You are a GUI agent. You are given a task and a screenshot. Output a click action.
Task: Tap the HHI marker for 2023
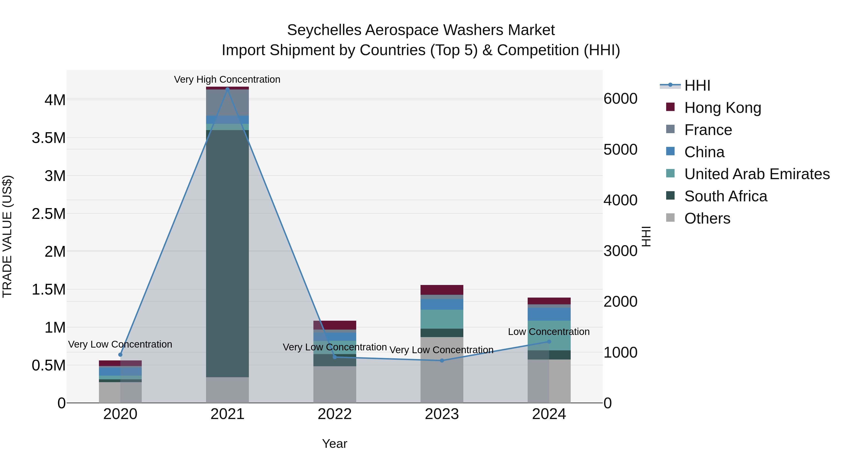pos(442,360)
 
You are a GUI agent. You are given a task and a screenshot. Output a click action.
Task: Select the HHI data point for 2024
pos(549,341)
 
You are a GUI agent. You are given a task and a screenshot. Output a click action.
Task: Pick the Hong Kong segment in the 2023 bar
pos(442,290)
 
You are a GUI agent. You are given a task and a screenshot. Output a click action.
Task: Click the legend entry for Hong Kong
pos(722,108)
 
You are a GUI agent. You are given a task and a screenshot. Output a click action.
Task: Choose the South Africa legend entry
pos(726,196)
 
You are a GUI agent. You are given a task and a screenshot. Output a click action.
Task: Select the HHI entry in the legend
pos(697,85)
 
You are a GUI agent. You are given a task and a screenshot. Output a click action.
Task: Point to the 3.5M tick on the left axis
pos(49,138)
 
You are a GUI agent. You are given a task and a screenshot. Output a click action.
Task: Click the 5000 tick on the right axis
pos(620,149)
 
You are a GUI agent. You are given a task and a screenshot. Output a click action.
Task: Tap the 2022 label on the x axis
pos(334,414)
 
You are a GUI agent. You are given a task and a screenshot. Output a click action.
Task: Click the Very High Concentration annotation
pos(227,79)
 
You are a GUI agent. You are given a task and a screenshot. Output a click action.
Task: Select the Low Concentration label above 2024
pos(548,332)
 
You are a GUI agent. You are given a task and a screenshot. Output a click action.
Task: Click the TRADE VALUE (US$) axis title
pos(7,236)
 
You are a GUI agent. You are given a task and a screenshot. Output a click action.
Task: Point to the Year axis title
pos(334,444)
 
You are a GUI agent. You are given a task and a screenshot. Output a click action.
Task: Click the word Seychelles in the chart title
pos(324,30)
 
